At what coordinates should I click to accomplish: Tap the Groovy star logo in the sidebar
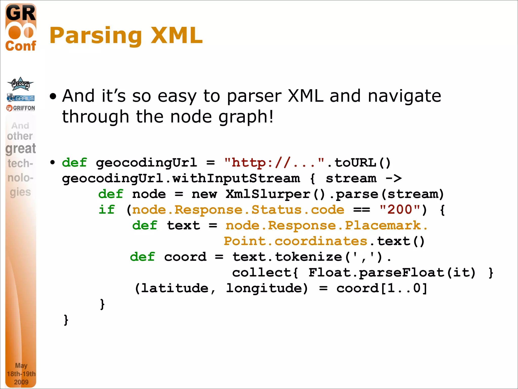pyautogui.click(x=20, y=84)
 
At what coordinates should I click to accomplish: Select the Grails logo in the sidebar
pyautogui.click(x=21, y=98)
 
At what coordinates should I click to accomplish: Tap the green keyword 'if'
pyautogui.click(x=107, y=210)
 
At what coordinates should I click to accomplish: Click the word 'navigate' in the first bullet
pyautogui.click(x=404, y=96)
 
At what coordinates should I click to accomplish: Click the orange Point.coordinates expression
pyautogui.click(x=295, y=241)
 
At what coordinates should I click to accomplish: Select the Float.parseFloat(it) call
pyautogui.click(x=392, y=273)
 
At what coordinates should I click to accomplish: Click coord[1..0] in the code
pyautogui.click(x=382, y=288)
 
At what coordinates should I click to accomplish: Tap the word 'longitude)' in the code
pyautogui.click(x=267, y=288)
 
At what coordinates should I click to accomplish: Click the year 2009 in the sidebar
pyautogui.click(x=21, y=382)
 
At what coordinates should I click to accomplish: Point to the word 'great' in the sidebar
pyautogui.click(x=21, y=149)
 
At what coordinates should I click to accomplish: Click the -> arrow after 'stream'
pyautogui.click(x=394, y=179)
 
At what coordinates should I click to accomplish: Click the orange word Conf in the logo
pyautogui.click(x=21, y=46)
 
